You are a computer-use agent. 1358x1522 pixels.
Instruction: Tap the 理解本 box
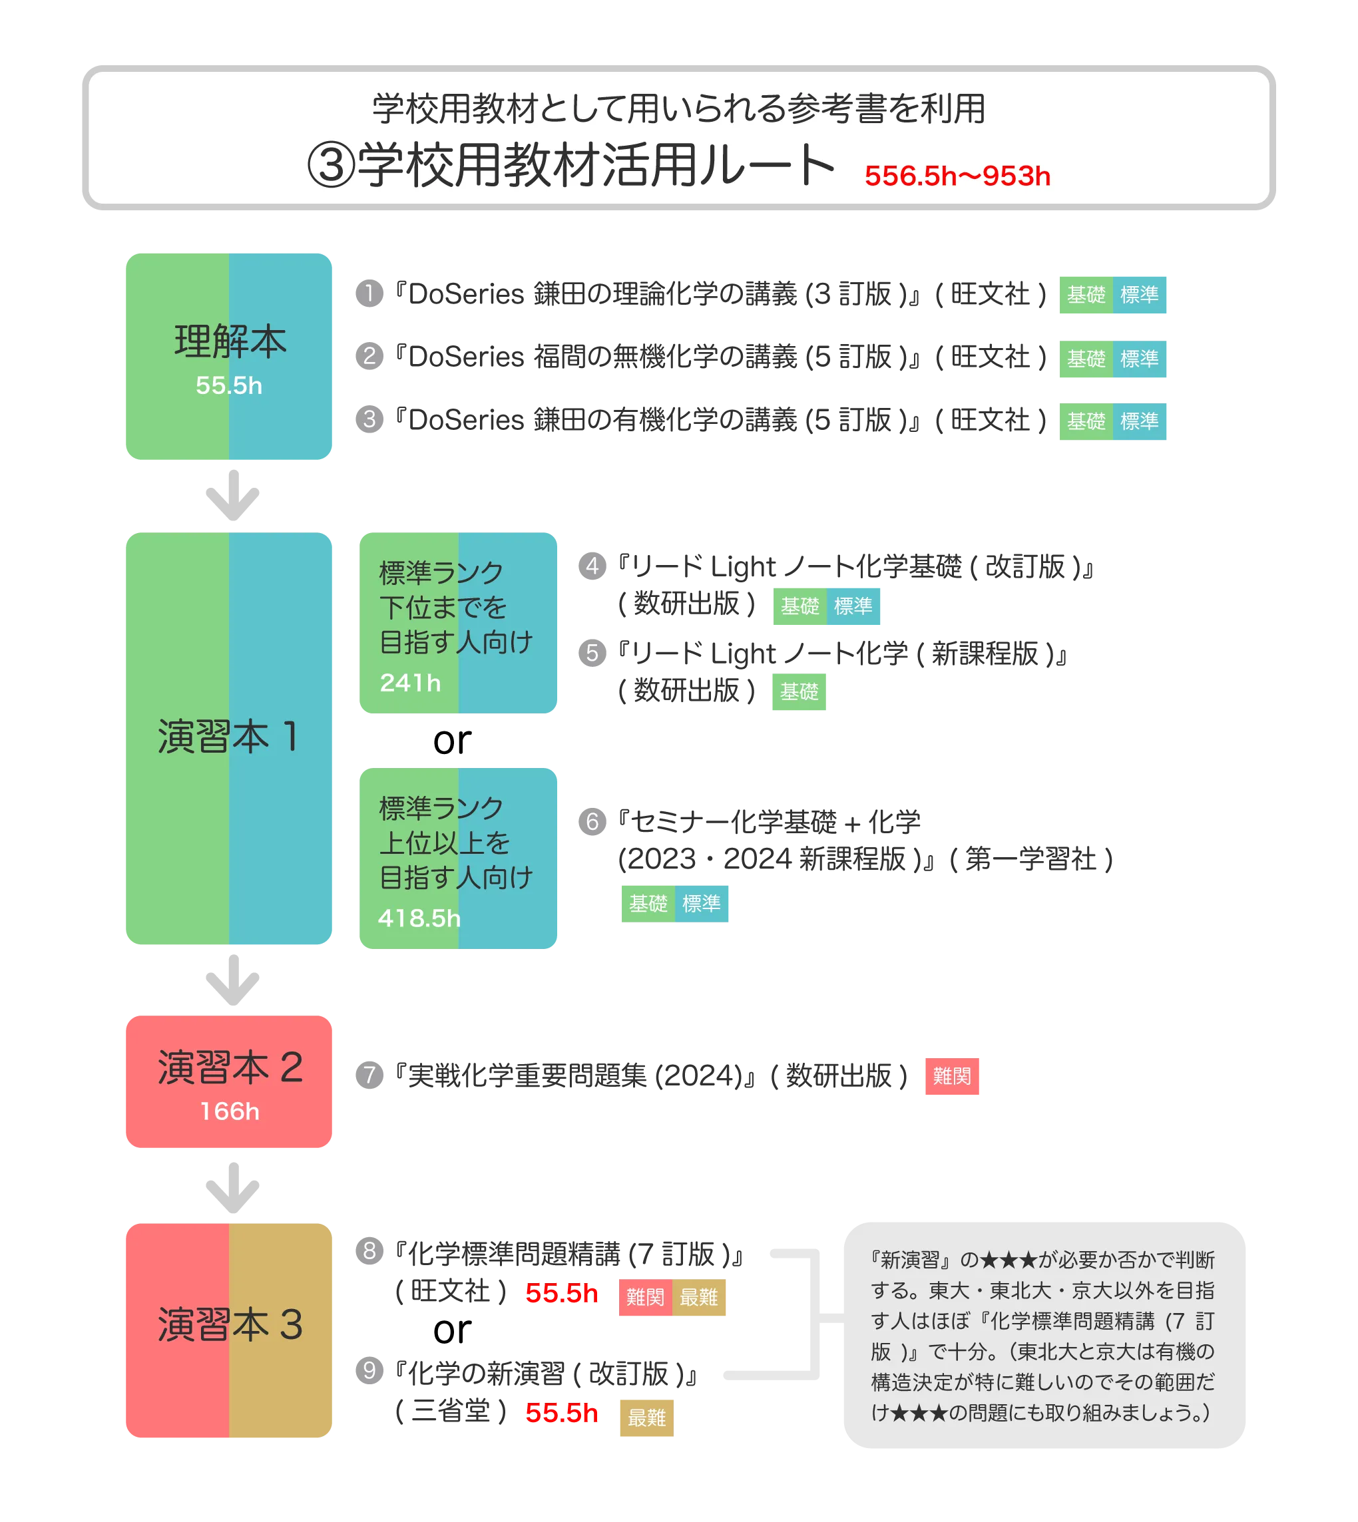(x=228, y=357)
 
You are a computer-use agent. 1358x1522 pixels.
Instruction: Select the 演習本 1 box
(x=228, y=739)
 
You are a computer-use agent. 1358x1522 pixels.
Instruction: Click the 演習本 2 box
(x=228, y=1080)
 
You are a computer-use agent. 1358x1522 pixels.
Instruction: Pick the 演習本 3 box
(x=228, y=1330)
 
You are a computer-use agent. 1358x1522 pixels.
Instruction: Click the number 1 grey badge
(x=369, y=293)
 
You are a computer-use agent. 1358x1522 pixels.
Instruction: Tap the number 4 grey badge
(x=592, y=566)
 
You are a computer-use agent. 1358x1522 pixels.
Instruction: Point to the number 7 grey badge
(x=369, y=1074)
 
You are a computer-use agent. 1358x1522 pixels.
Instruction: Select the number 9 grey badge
(x=369, y=1370)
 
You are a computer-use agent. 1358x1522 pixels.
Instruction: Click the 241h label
(x=410, y=683)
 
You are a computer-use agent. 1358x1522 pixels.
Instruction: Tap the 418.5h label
(x=419, y=918)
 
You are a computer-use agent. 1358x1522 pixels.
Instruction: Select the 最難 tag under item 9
(x=646, y=1417)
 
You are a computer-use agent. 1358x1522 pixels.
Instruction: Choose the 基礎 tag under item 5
(x=800, y=692)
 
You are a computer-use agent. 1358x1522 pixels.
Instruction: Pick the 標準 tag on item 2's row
(x=1140, y=359)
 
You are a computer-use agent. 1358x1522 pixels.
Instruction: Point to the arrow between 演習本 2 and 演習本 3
(x=231, y=1187)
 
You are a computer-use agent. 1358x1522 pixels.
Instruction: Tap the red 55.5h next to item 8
(x=561, y=1293)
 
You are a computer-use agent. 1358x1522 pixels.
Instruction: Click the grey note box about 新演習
(x=1043, y=1336)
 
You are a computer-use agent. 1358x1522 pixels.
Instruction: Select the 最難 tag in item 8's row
(x=700, y=1298)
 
